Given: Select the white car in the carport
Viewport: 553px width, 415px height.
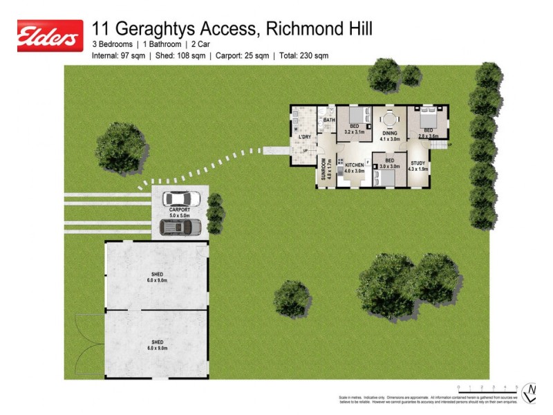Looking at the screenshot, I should coord(181,199).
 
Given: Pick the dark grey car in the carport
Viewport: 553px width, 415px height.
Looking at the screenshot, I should coord(180,226).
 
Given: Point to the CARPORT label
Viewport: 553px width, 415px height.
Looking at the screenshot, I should coord(179,209).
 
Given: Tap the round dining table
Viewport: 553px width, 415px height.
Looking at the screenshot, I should coord(389,120).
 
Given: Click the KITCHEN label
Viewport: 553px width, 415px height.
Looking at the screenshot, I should coord(355,165).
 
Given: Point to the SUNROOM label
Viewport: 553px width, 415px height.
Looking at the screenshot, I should coord(323,169).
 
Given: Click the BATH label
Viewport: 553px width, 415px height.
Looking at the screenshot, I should coord(329,120).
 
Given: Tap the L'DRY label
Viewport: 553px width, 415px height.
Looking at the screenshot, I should coord(305,137).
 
